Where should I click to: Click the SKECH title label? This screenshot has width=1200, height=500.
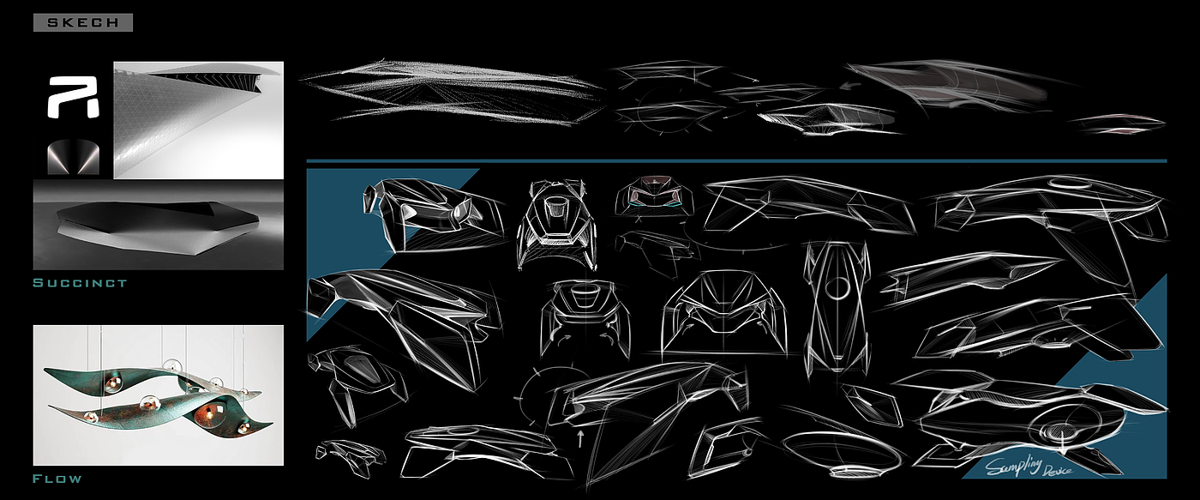[x=83, y=23]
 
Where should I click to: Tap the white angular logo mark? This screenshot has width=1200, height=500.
[x=74, y=96]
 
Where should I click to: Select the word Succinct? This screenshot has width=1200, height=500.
[x=80, y=282]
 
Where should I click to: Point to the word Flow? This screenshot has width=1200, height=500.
[x=57, y=478]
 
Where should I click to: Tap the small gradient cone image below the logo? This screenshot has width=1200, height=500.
[x=74, y=156]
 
